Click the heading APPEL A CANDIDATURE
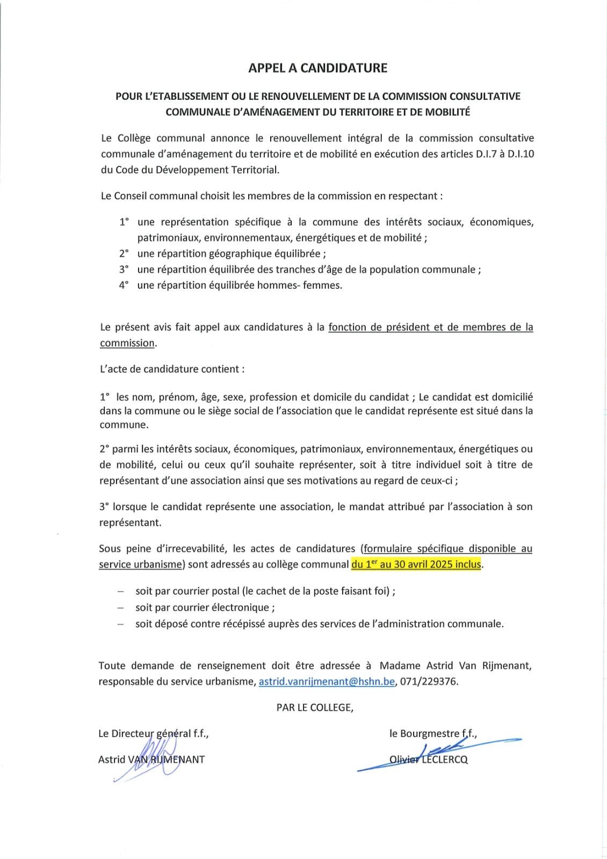[x=317, y=68]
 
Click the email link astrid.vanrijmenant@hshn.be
[x=327, y=682]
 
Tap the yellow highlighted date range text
[x=416, y=564]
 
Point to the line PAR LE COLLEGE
[x=315, y=708]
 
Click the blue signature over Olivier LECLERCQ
[x=440, y=749]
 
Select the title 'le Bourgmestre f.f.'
[x=433, y=733]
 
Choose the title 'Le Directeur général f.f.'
[x=153, y=733]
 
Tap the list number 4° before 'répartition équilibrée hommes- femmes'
[x=124, y=286]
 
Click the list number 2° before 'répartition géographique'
[x=124, y=254]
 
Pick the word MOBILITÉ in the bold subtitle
[x=447, y=112]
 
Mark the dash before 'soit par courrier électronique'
[x=121, y=608]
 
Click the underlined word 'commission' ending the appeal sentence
[x=127, y=343]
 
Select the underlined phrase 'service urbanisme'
[x=141, y=564]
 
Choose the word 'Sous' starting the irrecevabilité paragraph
[x=110, y=549]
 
